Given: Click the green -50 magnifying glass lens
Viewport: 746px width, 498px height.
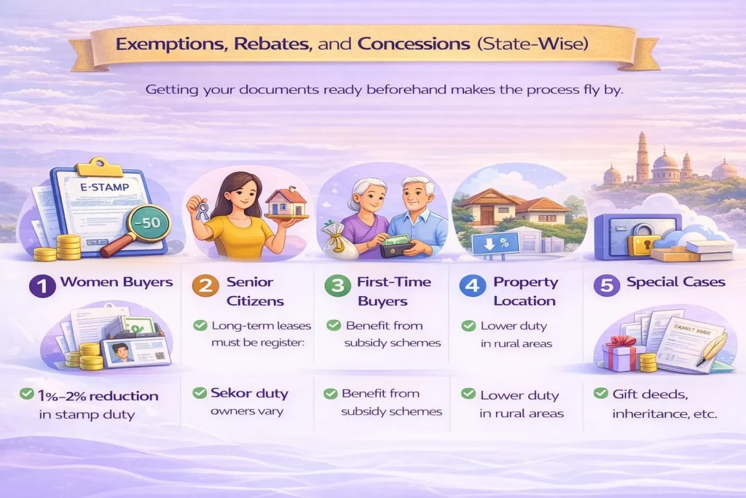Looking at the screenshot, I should click(146, 223).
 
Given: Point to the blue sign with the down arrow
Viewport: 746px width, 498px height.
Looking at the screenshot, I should click(495, 244).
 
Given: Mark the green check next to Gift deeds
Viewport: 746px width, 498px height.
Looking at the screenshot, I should click(601, 393).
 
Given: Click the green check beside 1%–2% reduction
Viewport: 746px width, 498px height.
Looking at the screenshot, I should click(26, 395).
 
